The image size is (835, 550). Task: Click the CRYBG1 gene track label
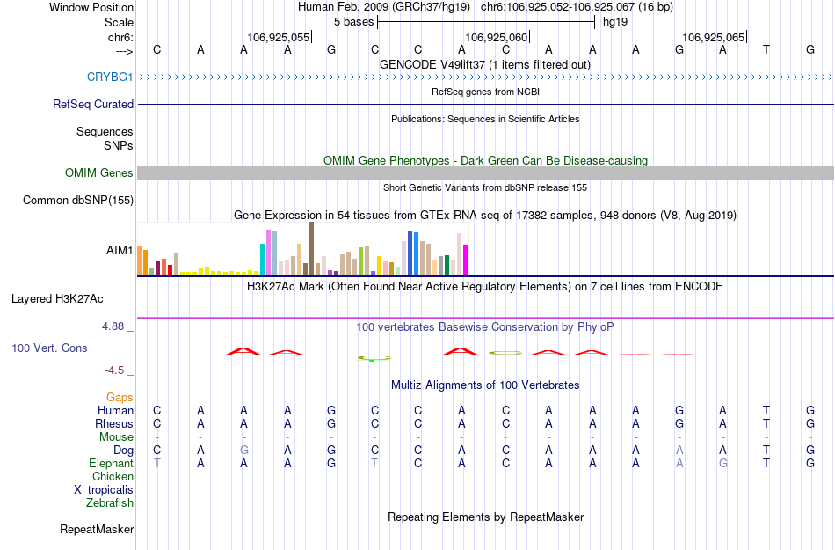(x=110, y=77)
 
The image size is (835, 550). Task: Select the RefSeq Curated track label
(x=93, y=104)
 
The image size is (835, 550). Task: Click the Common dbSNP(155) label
(x=78, y=201)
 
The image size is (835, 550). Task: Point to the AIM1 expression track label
(x=120, y=251)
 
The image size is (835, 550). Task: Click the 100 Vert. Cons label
(x=49, y=348)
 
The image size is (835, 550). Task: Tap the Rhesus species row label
(x=114, y=423)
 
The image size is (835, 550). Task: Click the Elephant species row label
(x=112, y=463)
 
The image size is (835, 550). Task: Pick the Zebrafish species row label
(x=110, y=503)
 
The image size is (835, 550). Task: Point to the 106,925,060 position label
(x=497, y=37)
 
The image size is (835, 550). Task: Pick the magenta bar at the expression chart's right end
(x=466, y=260)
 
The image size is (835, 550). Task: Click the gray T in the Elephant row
(x=157, y=463)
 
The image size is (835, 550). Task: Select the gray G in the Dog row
(x=244, y=450)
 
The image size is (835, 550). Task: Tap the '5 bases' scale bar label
(x=353, y=22)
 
